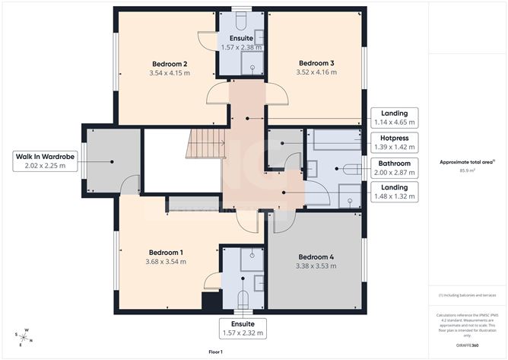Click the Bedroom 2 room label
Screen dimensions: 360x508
click(170, 63)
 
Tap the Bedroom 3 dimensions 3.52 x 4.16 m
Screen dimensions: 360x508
click(316, 73)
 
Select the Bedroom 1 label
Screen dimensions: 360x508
click(165, 252)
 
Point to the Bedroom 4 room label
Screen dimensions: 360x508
click(316, 256)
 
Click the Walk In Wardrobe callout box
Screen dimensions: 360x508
click(45, 160)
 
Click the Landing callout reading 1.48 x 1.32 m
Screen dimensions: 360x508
click(395, 191)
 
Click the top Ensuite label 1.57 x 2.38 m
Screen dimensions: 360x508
click(241, 42)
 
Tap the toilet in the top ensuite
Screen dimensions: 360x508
click(240, 18)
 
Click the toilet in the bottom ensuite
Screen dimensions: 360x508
click(243, 298)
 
